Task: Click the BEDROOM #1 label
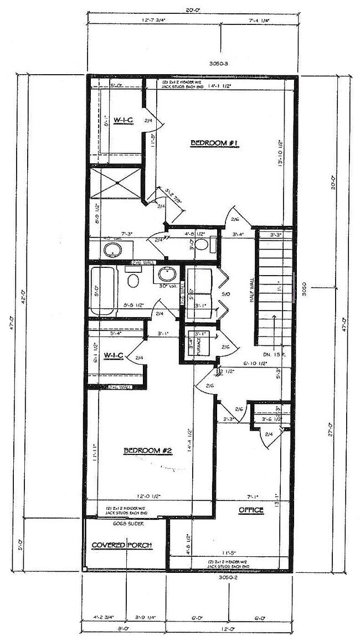pos(214,143)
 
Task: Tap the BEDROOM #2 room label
pos(148,451)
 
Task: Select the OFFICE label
pos(251,509)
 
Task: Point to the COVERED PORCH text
pos(121,545)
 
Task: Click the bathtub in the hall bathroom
pos(104,289)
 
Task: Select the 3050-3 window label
pos(220,64)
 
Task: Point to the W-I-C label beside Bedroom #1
pos(121,120)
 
